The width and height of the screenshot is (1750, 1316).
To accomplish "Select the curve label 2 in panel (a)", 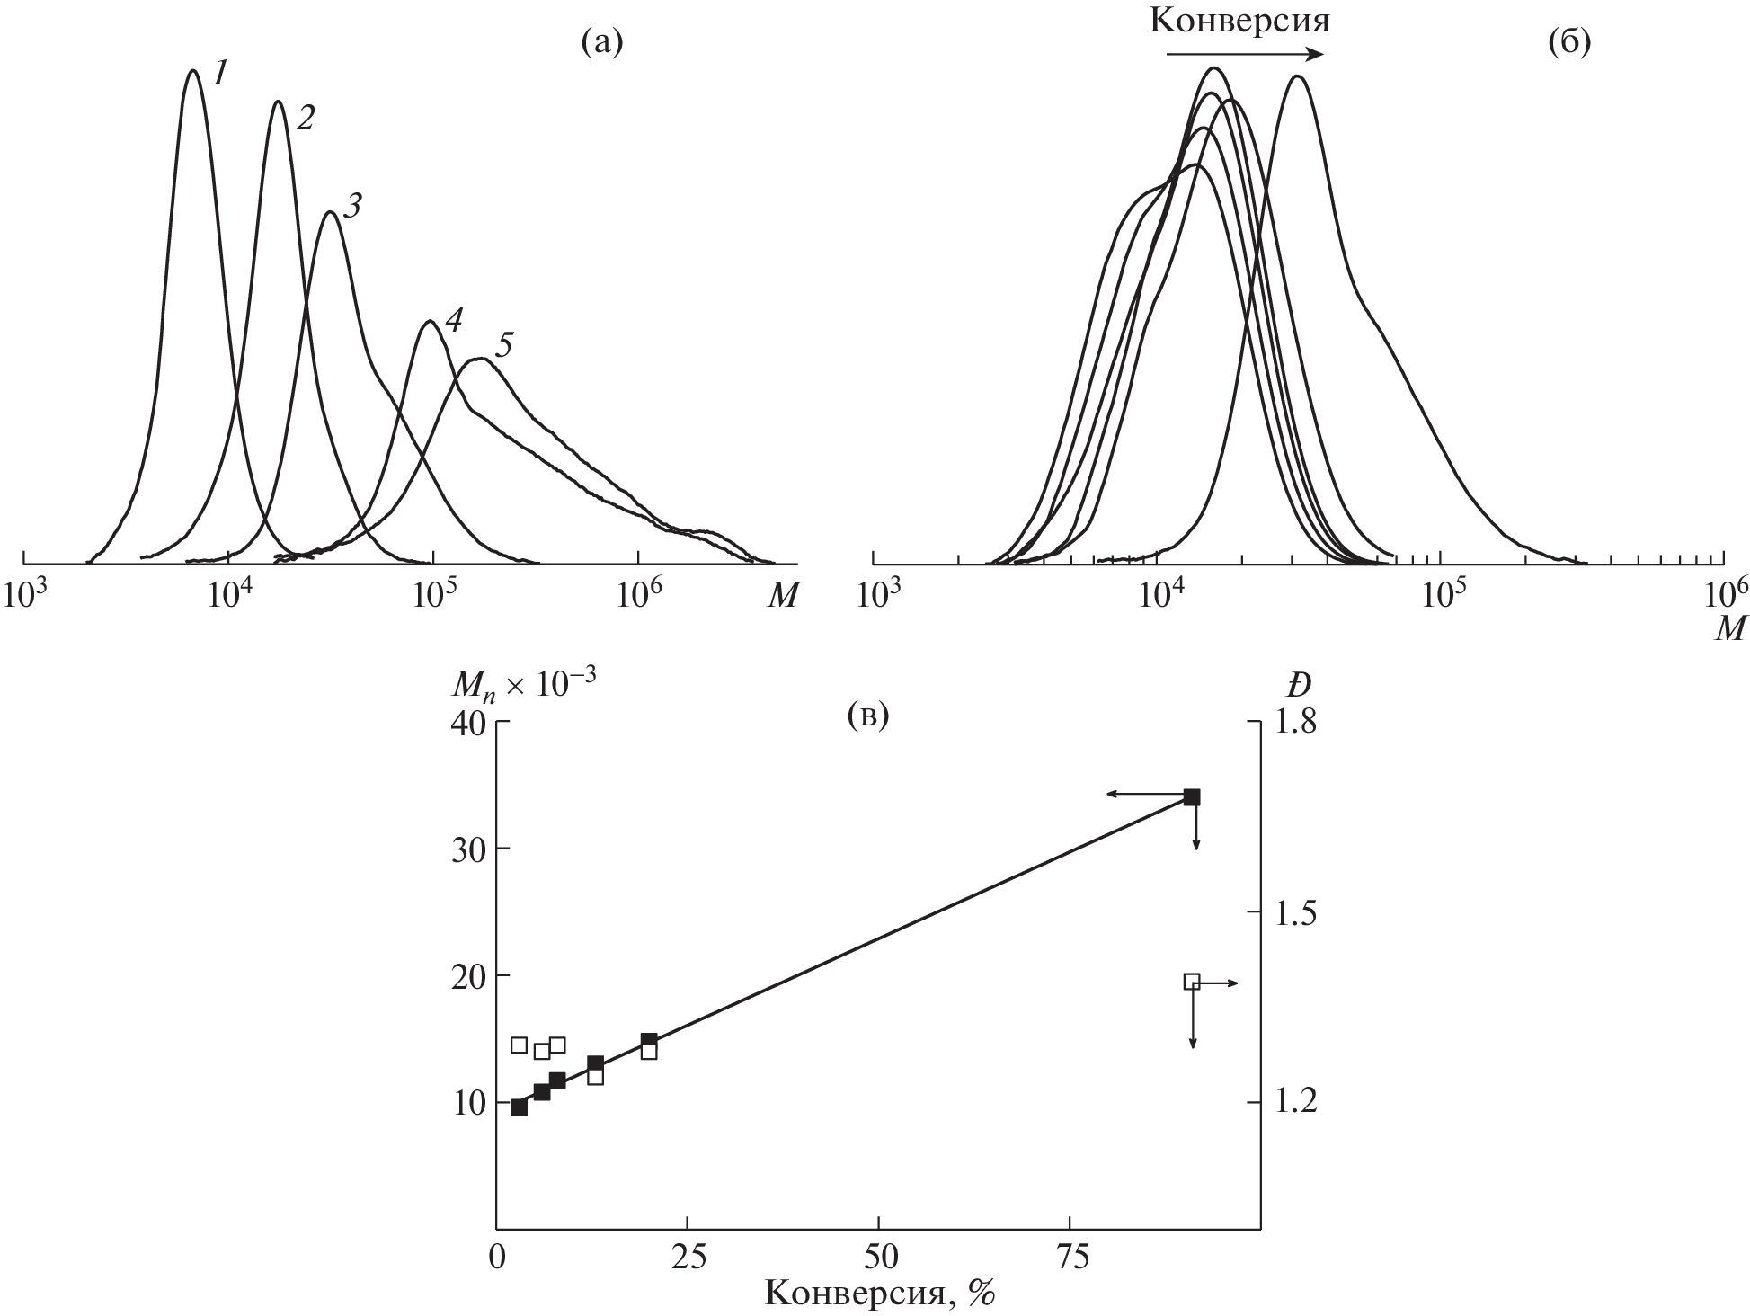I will click(x=305, y=117).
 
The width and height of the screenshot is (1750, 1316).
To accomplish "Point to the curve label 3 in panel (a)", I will click(x=353, y=207).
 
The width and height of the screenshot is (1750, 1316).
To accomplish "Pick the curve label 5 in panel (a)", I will click(x=503, y=346).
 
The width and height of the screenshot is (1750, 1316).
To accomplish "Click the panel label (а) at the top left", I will click(x=602, y=41).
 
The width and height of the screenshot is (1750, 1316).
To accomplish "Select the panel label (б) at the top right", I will click(x=1569, y=41).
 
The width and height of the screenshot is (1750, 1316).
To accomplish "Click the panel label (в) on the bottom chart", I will click(x=867, y=716).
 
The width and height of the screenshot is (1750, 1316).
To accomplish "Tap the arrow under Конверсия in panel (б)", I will click(x=1244, y=54).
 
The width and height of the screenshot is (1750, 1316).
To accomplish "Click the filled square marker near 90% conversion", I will click(x=1192, y=797).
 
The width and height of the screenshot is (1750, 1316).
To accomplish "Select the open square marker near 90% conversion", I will click(x=1192, y=981).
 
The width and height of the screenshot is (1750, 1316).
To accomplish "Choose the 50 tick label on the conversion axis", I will click(x=878, y=1258).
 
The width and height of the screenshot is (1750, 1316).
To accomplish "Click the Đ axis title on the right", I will click(x=1296, y=685).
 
